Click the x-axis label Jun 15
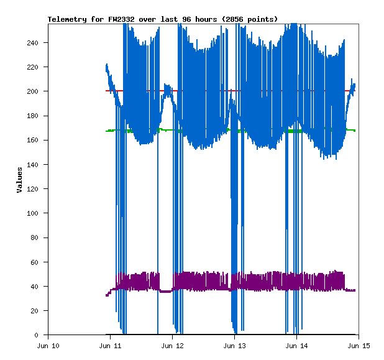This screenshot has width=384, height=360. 359,345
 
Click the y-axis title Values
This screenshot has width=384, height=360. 19,179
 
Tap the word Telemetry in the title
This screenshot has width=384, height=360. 67,19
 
